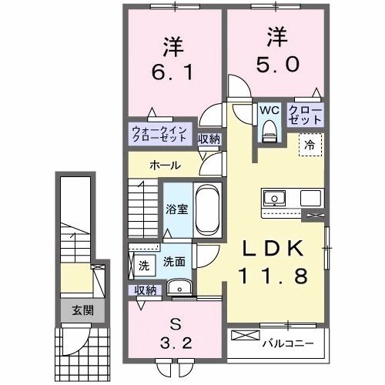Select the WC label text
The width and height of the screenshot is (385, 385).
pyautogui.click(x=268, y=110)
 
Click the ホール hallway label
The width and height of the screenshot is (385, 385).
pyautogui.click(x=166, y=166)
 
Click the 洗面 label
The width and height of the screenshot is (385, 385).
pyautogui.click(x=173, y=261)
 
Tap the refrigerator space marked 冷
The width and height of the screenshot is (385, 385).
pyautogui.click(x=308, y=144)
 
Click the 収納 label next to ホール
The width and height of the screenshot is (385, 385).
pyautogui.click(x=209, y=139)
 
